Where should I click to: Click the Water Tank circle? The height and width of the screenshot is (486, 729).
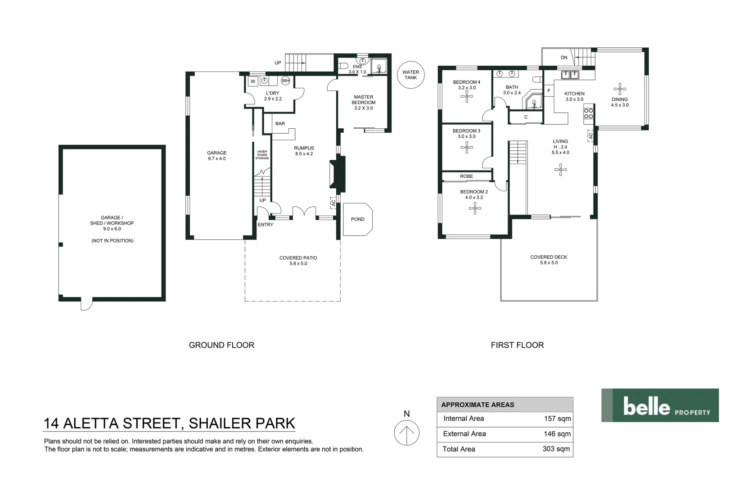click(x=410, y=75)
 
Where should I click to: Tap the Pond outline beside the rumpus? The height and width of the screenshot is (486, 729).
click(x=358, y=219)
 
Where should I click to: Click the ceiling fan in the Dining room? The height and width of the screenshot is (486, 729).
click(x=620, y=89)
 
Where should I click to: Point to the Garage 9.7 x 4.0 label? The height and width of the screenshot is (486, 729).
click(x=216, y=156)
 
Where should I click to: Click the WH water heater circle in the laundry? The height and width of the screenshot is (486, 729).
click(x=285, y=81)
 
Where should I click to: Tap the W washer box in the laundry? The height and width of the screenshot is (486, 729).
click(x=253, y=81)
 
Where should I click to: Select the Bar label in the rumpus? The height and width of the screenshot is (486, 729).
click(x=280, y=124)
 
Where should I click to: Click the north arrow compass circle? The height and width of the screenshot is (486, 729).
click(x=407, y=433)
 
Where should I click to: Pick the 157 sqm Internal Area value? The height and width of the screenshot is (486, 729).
click(x=557, y=419)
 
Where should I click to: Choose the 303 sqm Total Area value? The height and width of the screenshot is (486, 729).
click(x=556, y=449)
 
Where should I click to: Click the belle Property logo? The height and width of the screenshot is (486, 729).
click(x=660, y=405)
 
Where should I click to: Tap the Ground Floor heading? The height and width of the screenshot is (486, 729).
click(x=221, y=345)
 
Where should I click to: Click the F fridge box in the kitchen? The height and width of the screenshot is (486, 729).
click(x=549, y=91)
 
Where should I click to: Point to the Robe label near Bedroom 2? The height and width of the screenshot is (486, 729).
click(x=466, y=176)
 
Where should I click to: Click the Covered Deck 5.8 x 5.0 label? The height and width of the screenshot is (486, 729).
click(x=549, y=260)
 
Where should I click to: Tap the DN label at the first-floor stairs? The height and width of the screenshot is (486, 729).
click(x=564, y=58)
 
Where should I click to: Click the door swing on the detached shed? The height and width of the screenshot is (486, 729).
click(x=86, y=305)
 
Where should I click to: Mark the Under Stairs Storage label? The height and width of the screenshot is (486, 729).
click(x=262, y=155)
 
